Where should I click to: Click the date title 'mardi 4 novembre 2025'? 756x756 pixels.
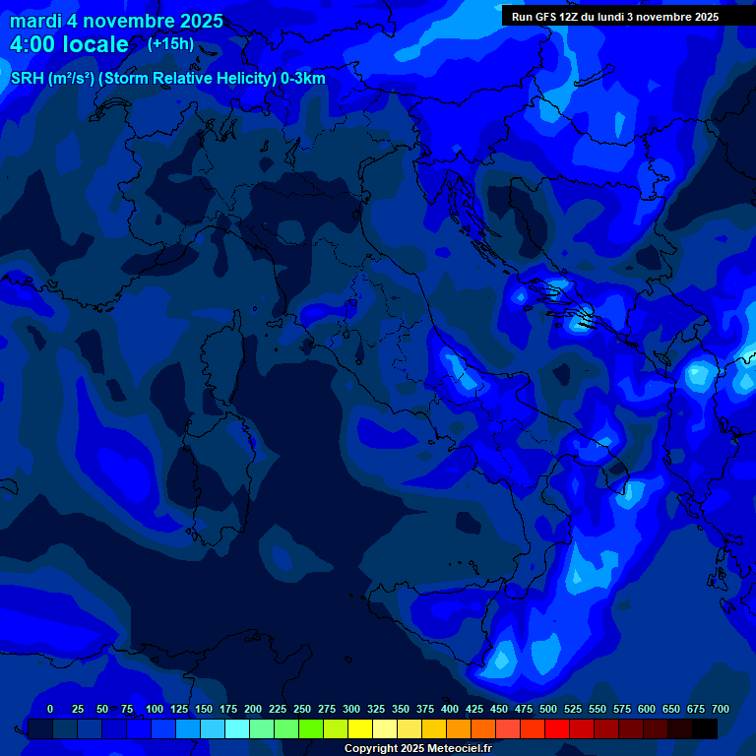116,21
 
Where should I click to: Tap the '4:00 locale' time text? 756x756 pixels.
69,44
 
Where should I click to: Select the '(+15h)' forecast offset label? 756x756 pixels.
170,44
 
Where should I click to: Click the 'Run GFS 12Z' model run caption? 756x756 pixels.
614,17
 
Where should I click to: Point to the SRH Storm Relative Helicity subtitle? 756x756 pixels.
167,79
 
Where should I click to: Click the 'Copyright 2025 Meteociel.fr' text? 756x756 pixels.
417,748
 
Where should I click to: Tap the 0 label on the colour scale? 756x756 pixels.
50,709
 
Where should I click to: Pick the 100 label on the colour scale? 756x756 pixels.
155,709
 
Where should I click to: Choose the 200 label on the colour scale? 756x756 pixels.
253,709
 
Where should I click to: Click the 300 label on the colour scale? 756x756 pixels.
351,709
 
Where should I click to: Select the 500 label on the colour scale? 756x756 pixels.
548,709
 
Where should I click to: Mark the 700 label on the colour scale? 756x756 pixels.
721,709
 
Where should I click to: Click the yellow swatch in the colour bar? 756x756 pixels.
360,728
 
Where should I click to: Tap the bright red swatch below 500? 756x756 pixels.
557,728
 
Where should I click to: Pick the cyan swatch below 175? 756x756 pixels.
237,728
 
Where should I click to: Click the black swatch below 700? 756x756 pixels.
705,728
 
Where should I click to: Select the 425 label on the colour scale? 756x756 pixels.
474,709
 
